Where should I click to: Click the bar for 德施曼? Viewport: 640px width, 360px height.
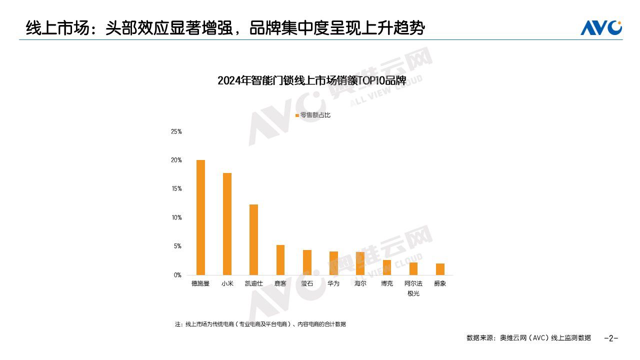point(200,217)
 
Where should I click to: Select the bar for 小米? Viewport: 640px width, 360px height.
point(227,224)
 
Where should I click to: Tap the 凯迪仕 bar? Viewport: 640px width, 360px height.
point(253,239)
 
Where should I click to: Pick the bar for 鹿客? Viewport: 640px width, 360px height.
point(280,260)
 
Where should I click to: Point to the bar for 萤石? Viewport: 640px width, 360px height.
point(307,262)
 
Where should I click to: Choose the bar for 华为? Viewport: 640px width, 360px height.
point(333,263)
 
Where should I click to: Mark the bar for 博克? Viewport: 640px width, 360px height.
point(387,267)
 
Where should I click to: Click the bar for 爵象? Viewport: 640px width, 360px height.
point(440,269)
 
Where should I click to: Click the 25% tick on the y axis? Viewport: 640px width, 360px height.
point(176,131)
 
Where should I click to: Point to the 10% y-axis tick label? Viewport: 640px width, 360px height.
point(176,217)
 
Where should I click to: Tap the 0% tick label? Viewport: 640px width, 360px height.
point(177,275)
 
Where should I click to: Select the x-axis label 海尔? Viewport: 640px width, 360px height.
point(360,283)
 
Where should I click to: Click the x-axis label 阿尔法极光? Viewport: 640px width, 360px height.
point(413,288)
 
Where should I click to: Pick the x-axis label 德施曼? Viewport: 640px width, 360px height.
point(200,283)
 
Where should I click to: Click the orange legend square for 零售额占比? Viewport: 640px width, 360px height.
point(297,115)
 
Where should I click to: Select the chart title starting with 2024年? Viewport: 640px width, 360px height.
point(311,81)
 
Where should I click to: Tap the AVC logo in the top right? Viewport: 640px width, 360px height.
point(601,27)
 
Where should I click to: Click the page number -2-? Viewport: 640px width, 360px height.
point(611,338)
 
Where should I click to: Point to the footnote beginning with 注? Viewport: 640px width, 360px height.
point(260,324)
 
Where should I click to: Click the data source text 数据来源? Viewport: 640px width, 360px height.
point(528,338)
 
